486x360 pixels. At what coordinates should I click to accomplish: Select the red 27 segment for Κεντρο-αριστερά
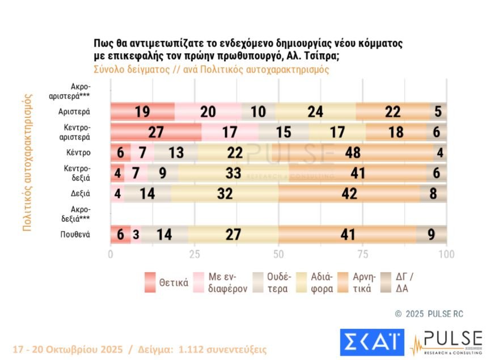click(x=155, y=132)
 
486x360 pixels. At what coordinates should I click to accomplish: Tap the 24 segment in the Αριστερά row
click(x=315, y=112)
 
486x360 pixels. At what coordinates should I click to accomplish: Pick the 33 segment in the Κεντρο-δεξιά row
click(x=233, y=173)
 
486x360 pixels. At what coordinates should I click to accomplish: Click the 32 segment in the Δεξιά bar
click(x=225, y=193)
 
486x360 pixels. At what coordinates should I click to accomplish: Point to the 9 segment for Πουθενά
click(x=432, y=234)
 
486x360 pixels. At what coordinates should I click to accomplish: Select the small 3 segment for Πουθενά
click(x=136, y=234)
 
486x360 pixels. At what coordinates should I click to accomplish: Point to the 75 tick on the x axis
click(x=363, y=254)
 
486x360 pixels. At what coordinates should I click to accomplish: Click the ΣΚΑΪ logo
click(x=371, y=343)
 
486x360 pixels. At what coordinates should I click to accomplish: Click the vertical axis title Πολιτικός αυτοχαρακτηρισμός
click(x=27, y=162)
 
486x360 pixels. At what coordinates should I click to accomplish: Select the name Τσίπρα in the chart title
click(x=323, y=57)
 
